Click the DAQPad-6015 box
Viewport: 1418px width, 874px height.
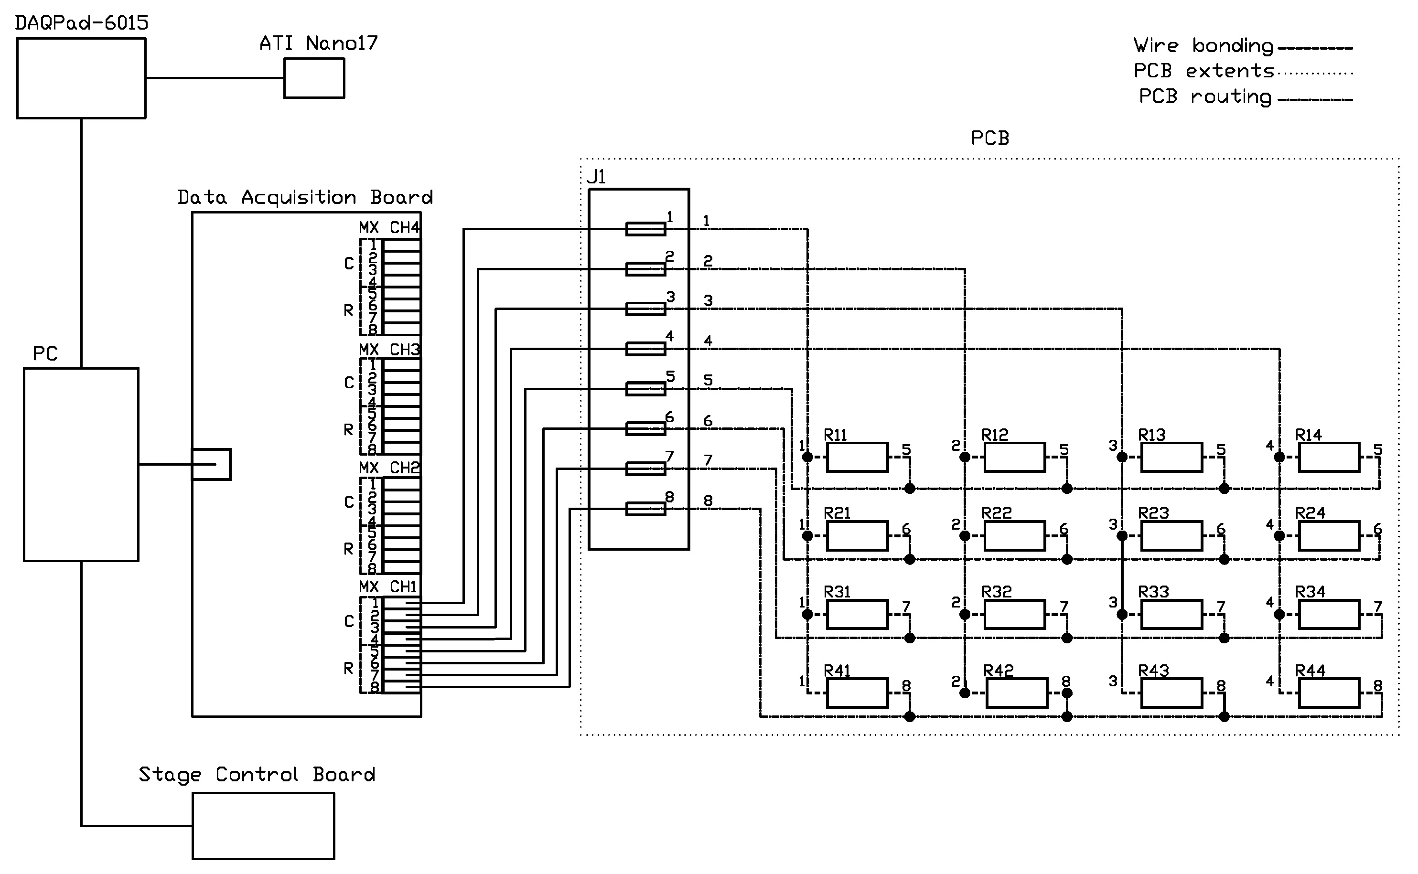tap(81, 78)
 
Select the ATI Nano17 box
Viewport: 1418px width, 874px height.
tap(314, 78)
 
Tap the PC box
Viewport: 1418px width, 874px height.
tap(81, 464)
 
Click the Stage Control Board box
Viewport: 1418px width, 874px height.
tap(263, 825)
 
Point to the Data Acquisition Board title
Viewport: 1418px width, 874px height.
tap(305, 198)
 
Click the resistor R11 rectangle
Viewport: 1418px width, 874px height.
tap(857, 457)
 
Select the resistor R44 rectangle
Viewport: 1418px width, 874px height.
tap(1328, 693)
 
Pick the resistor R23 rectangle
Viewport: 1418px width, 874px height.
tap(1171, 536)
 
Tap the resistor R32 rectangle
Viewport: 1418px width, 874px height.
tap(1014, 615)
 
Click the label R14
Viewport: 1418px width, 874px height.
tap(1308, 435)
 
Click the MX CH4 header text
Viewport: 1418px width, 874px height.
tap(389, 228)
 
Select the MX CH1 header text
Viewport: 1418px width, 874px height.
tap(388, 586)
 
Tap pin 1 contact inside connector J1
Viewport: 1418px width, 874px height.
tap(645, 229)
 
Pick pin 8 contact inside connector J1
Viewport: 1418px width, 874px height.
tap(645, 509)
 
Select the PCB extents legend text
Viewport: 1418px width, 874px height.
tap(1203, 71)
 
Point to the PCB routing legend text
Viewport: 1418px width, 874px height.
tap(1205, 96)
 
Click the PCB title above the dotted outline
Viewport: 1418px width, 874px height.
tap(989, 139)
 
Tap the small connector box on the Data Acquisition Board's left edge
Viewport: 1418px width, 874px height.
tap(211, 464)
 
